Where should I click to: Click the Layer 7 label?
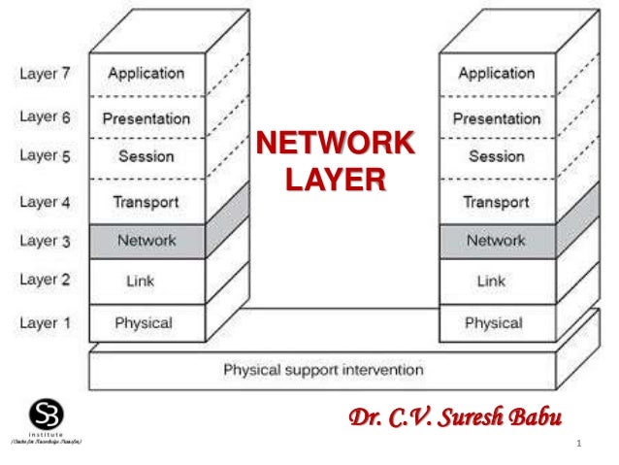(45, 73)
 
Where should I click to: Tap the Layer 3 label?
(45, 241)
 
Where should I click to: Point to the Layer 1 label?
(45, 323)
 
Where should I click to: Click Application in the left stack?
(146, 73)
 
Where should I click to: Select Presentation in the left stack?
(146, 118)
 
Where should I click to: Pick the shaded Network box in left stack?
(146, 241)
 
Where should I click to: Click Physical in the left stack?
(144, 323)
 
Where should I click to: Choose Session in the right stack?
(497, 156)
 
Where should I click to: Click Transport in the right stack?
(496, 202)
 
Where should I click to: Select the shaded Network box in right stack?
(496, 241)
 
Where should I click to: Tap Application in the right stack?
(496, 73)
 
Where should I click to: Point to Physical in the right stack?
(494, 323)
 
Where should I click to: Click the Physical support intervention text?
(323, 370)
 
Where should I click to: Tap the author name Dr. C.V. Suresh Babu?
(455, 419)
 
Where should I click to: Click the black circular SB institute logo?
(42, 413)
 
